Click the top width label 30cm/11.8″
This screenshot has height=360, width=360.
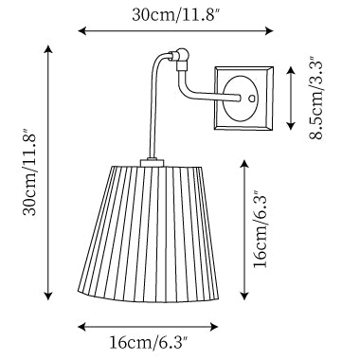[x=175, y=15]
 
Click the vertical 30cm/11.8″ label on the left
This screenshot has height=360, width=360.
[x=30, y=172]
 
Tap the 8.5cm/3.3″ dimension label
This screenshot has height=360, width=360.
[x=315, y=98]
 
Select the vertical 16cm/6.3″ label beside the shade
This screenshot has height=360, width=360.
[x=261, y=229]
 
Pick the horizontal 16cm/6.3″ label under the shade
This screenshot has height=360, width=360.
[x=149, y=342]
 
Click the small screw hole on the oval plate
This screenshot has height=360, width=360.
[x=252, y=99]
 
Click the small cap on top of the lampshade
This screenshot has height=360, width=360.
[x=153, y=163]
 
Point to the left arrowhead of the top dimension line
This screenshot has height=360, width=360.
[x=81, y=30]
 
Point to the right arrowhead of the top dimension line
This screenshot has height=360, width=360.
[x=269, y=30]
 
